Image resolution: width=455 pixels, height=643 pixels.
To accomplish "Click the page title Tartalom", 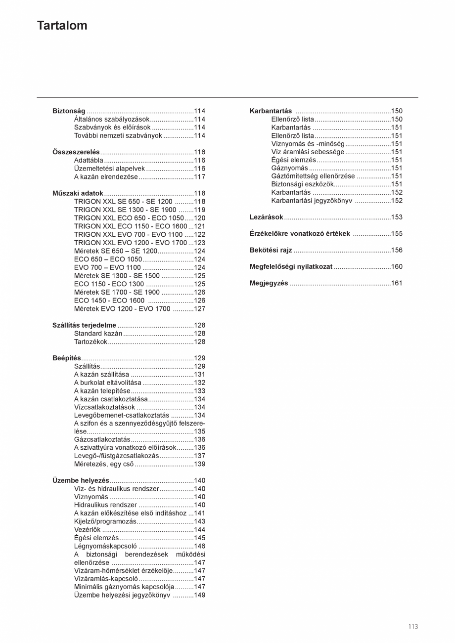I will point(62,26).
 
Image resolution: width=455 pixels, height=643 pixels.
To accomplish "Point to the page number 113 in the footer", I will point(413,627).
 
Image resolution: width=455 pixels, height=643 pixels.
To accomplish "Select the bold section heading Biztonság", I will point(69,111).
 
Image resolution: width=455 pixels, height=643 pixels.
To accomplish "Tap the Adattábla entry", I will point(89,161).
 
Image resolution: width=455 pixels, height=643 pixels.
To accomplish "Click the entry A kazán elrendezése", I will point(106,177).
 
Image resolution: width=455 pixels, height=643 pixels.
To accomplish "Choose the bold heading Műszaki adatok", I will point(78,193).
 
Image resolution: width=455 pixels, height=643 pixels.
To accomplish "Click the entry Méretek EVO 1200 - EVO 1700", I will point(122,309).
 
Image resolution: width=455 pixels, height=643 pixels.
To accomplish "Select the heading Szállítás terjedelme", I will point(84,325).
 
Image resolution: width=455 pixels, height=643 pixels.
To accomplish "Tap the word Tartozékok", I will point(91,342).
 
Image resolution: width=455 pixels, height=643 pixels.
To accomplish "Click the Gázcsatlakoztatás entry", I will point(102,439).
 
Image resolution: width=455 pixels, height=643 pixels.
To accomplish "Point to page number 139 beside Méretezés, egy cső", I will point(199,464).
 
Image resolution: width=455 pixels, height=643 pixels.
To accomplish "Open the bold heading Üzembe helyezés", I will point(81,480).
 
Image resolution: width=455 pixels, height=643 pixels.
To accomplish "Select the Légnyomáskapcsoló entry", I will point(105,546).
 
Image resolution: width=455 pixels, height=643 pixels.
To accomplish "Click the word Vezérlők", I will point(87,530).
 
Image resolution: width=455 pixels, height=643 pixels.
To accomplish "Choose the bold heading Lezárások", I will point(266,217).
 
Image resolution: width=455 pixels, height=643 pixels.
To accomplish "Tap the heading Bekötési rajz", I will point(271,250).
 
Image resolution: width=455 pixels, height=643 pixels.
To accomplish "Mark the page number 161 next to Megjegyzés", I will point(397,283).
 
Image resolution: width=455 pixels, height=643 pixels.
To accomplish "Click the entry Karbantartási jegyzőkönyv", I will point(312,201).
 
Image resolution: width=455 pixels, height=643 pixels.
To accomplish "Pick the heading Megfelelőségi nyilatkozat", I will point(291,267).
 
